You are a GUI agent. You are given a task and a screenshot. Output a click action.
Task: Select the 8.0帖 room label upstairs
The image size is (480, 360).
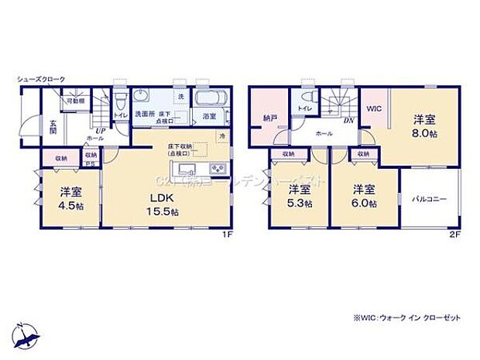(x=423, y=125)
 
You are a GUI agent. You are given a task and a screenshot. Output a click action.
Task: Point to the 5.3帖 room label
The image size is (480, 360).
(x=300, y=196)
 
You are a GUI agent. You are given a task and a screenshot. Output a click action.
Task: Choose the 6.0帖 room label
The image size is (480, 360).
(x=365, y=196)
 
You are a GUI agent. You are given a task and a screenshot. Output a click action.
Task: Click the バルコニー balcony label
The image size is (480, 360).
(x=430, y=199)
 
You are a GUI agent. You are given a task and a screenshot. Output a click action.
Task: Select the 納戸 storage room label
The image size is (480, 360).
(x=269, y=119)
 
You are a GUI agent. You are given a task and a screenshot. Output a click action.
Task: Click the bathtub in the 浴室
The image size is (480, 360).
(x=208, y=99)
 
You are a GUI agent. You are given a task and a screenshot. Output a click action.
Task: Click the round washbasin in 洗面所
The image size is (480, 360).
(x=141, y=97)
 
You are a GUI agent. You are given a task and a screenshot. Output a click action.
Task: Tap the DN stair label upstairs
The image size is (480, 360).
(x=349, y=121)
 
